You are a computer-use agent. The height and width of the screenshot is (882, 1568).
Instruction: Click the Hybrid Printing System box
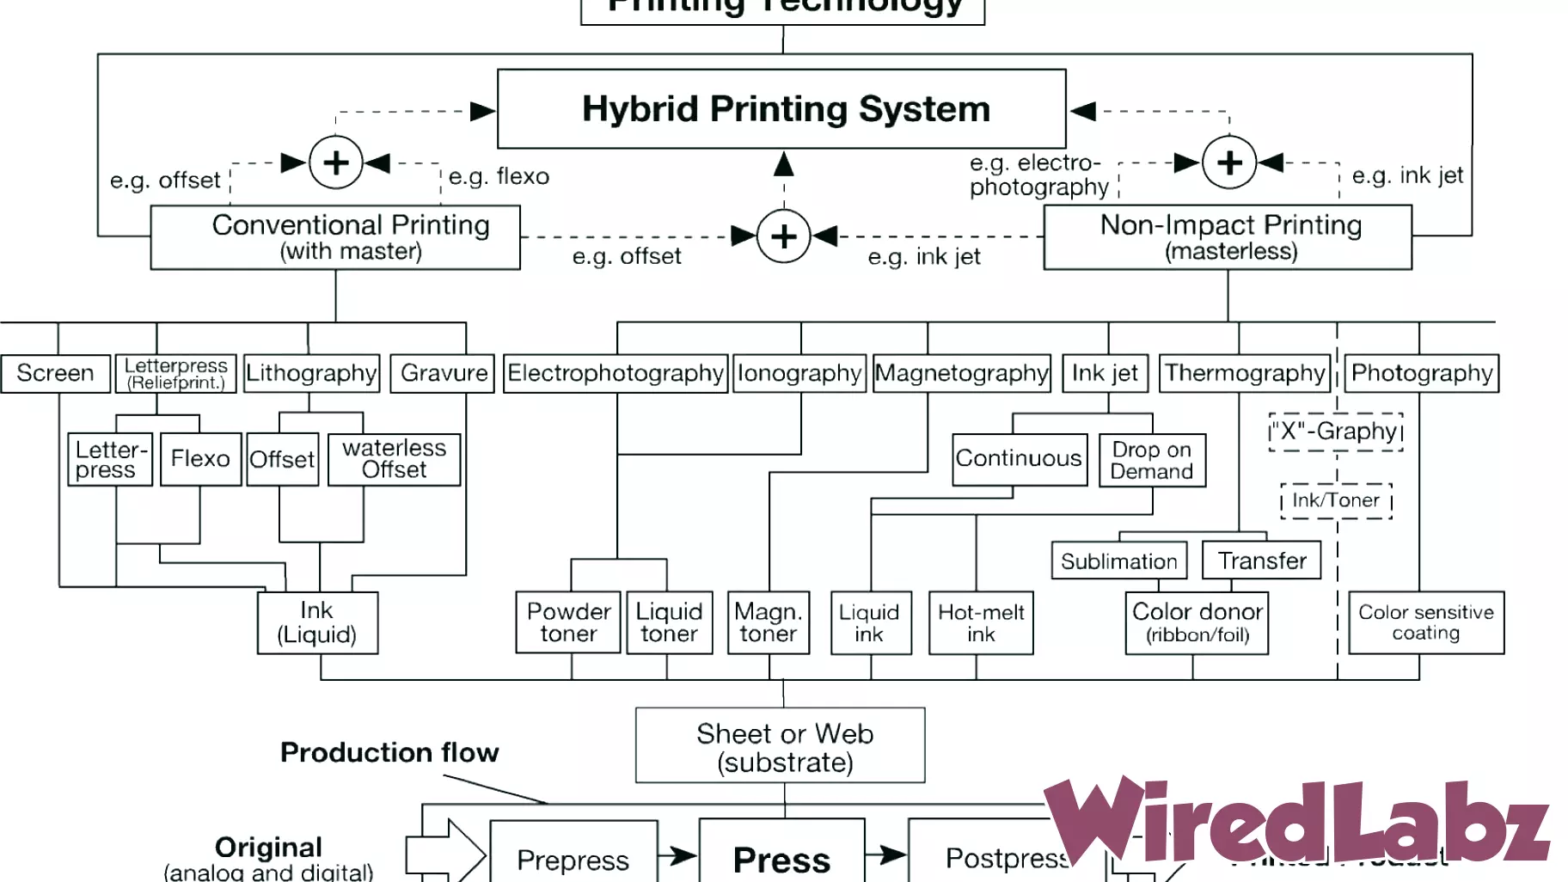(781, 109)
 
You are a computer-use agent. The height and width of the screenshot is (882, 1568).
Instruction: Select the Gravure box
(443, 373)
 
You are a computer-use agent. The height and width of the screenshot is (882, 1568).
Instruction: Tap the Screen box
(56, 373)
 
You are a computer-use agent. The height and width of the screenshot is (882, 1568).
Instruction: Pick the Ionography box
(799, 373)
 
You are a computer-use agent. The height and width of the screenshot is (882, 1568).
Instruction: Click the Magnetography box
(962, 373)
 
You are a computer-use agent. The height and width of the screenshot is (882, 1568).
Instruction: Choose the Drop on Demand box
(1152, 461)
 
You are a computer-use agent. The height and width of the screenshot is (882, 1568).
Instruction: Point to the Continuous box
(1019, 459)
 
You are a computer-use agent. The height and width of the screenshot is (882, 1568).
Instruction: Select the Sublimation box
(1119, 560)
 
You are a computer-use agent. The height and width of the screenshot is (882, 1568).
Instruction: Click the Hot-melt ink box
(981, 623)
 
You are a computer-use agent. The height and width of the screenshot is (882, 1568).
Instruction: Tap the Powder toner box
(568, 623)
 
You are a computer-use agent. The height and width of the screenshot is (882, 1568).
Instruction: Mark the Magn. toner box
(769, 623)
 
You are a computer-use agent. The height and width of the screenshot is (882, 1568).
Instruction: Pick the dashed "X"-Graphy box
(1336, 432)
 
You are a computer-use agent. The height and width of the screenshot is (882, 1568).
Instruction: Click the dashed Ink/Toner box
(1336, 500)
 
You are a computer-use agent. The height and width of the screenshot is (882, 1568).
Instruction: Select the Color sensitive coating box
(1426, 623)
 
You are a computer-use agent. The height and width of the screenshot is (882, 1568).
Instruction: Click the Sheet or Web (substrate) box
(781, 746)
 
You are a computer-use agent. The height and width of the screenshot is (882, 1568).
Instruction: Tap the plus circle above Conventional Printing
(336, 162)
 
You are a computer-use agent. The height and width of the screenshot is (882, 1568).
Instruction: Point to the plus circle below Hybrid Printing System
(783, 236)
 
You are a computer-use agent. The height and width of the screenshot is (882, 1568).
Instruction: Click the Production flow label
(389, 752)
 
